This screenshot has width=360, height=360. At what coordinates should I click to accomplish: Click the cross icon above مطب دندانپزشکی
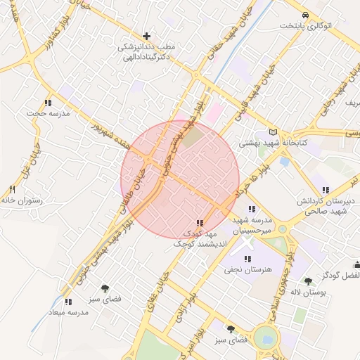(146, 36)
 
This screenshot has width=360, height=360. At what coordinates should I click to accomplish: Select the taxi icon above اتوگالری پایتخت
(304, 15)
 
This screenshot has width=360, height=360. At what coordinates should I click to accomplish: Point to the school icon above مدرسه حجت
(48, 103)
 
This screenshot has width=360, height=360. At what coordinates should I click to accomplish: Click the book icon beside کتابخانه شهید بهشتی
(273, 132)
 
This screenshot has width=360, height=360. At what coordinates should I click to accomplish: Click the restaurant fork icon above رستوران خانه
(12, 190)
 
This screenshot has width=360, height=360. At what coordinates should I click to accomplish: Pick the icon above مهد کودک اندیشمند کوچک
(200, 223)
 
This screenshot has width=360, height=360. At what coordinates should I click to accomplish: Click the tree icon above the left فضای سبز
(105, 288)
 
